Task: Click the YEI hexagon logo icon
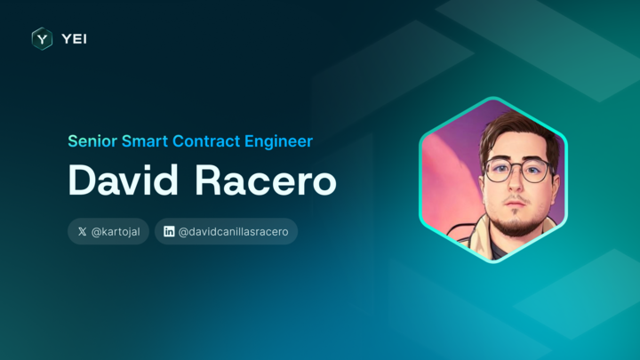[42, 38]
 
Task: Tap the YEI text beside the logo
[74, 38]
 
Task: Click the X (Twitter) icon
[83, 232]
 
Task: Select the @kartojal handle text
[116, 232]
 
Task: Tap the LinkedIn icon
[169, 232]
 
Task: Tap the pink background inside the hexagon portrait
[449, 169]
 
